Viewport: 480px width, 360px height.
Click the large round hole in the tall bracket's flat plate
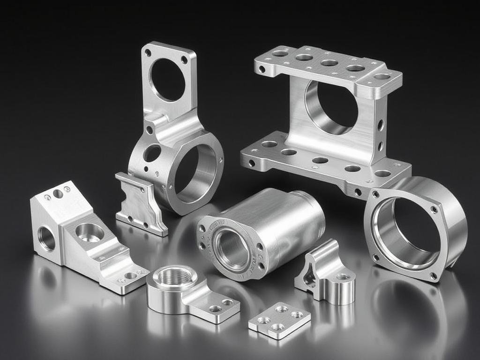click(x=167, y=79)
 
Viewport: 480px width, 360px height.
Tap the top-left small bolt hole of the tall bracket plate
click(x=148, y=53)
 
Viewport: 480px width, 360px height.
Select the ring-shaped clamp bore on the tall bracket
click(x=195, y=173)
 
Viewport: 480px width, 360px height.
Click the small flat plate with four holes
click(x=279, y=320)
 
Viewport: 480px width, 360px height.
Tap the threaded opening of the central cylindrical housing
click(x=231, y=248)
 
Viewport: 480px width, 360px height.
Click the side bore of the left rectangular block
click(x=46, y=239)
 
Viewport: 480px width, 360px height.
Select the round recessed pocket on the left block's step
click(x=90, y=232)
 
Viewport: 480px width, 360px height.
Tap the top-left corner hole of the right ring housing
click(x=375, y=194)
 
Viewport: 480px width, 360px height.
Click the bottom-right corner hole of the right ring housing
click(x=433, y=276)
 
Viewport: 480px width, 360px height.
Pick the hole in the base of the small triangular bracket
click(x=343, y=277)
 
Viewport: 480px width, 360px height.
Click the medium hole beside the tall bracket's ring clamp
click(x=152, y=153)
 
